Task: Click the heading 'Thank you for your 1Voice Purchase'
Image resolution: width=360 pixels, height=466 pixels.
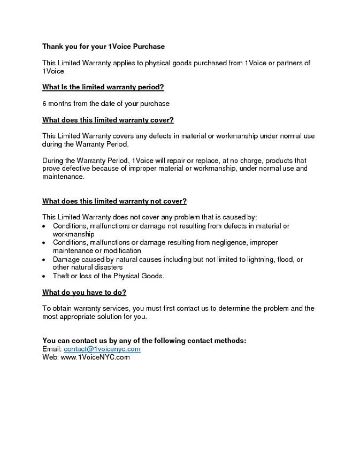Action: point(103,47)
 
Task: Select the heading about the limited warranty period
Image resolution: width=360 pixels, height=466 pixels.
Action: point(103,87)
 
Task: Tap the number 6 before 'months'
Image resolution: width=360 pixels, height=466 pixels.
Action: point(44,104)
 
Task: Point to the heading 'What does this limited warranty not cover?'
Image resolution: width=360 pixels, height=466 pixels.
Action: point(114,201)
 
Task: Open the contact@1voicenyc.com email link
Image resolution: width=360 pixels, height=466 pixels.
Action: point(102,349)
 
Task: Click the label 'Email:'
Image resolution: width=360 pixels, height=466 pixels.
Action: point(52,349)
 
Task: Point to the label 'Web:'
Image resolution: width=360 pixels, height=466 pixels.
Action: point(50,357)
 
